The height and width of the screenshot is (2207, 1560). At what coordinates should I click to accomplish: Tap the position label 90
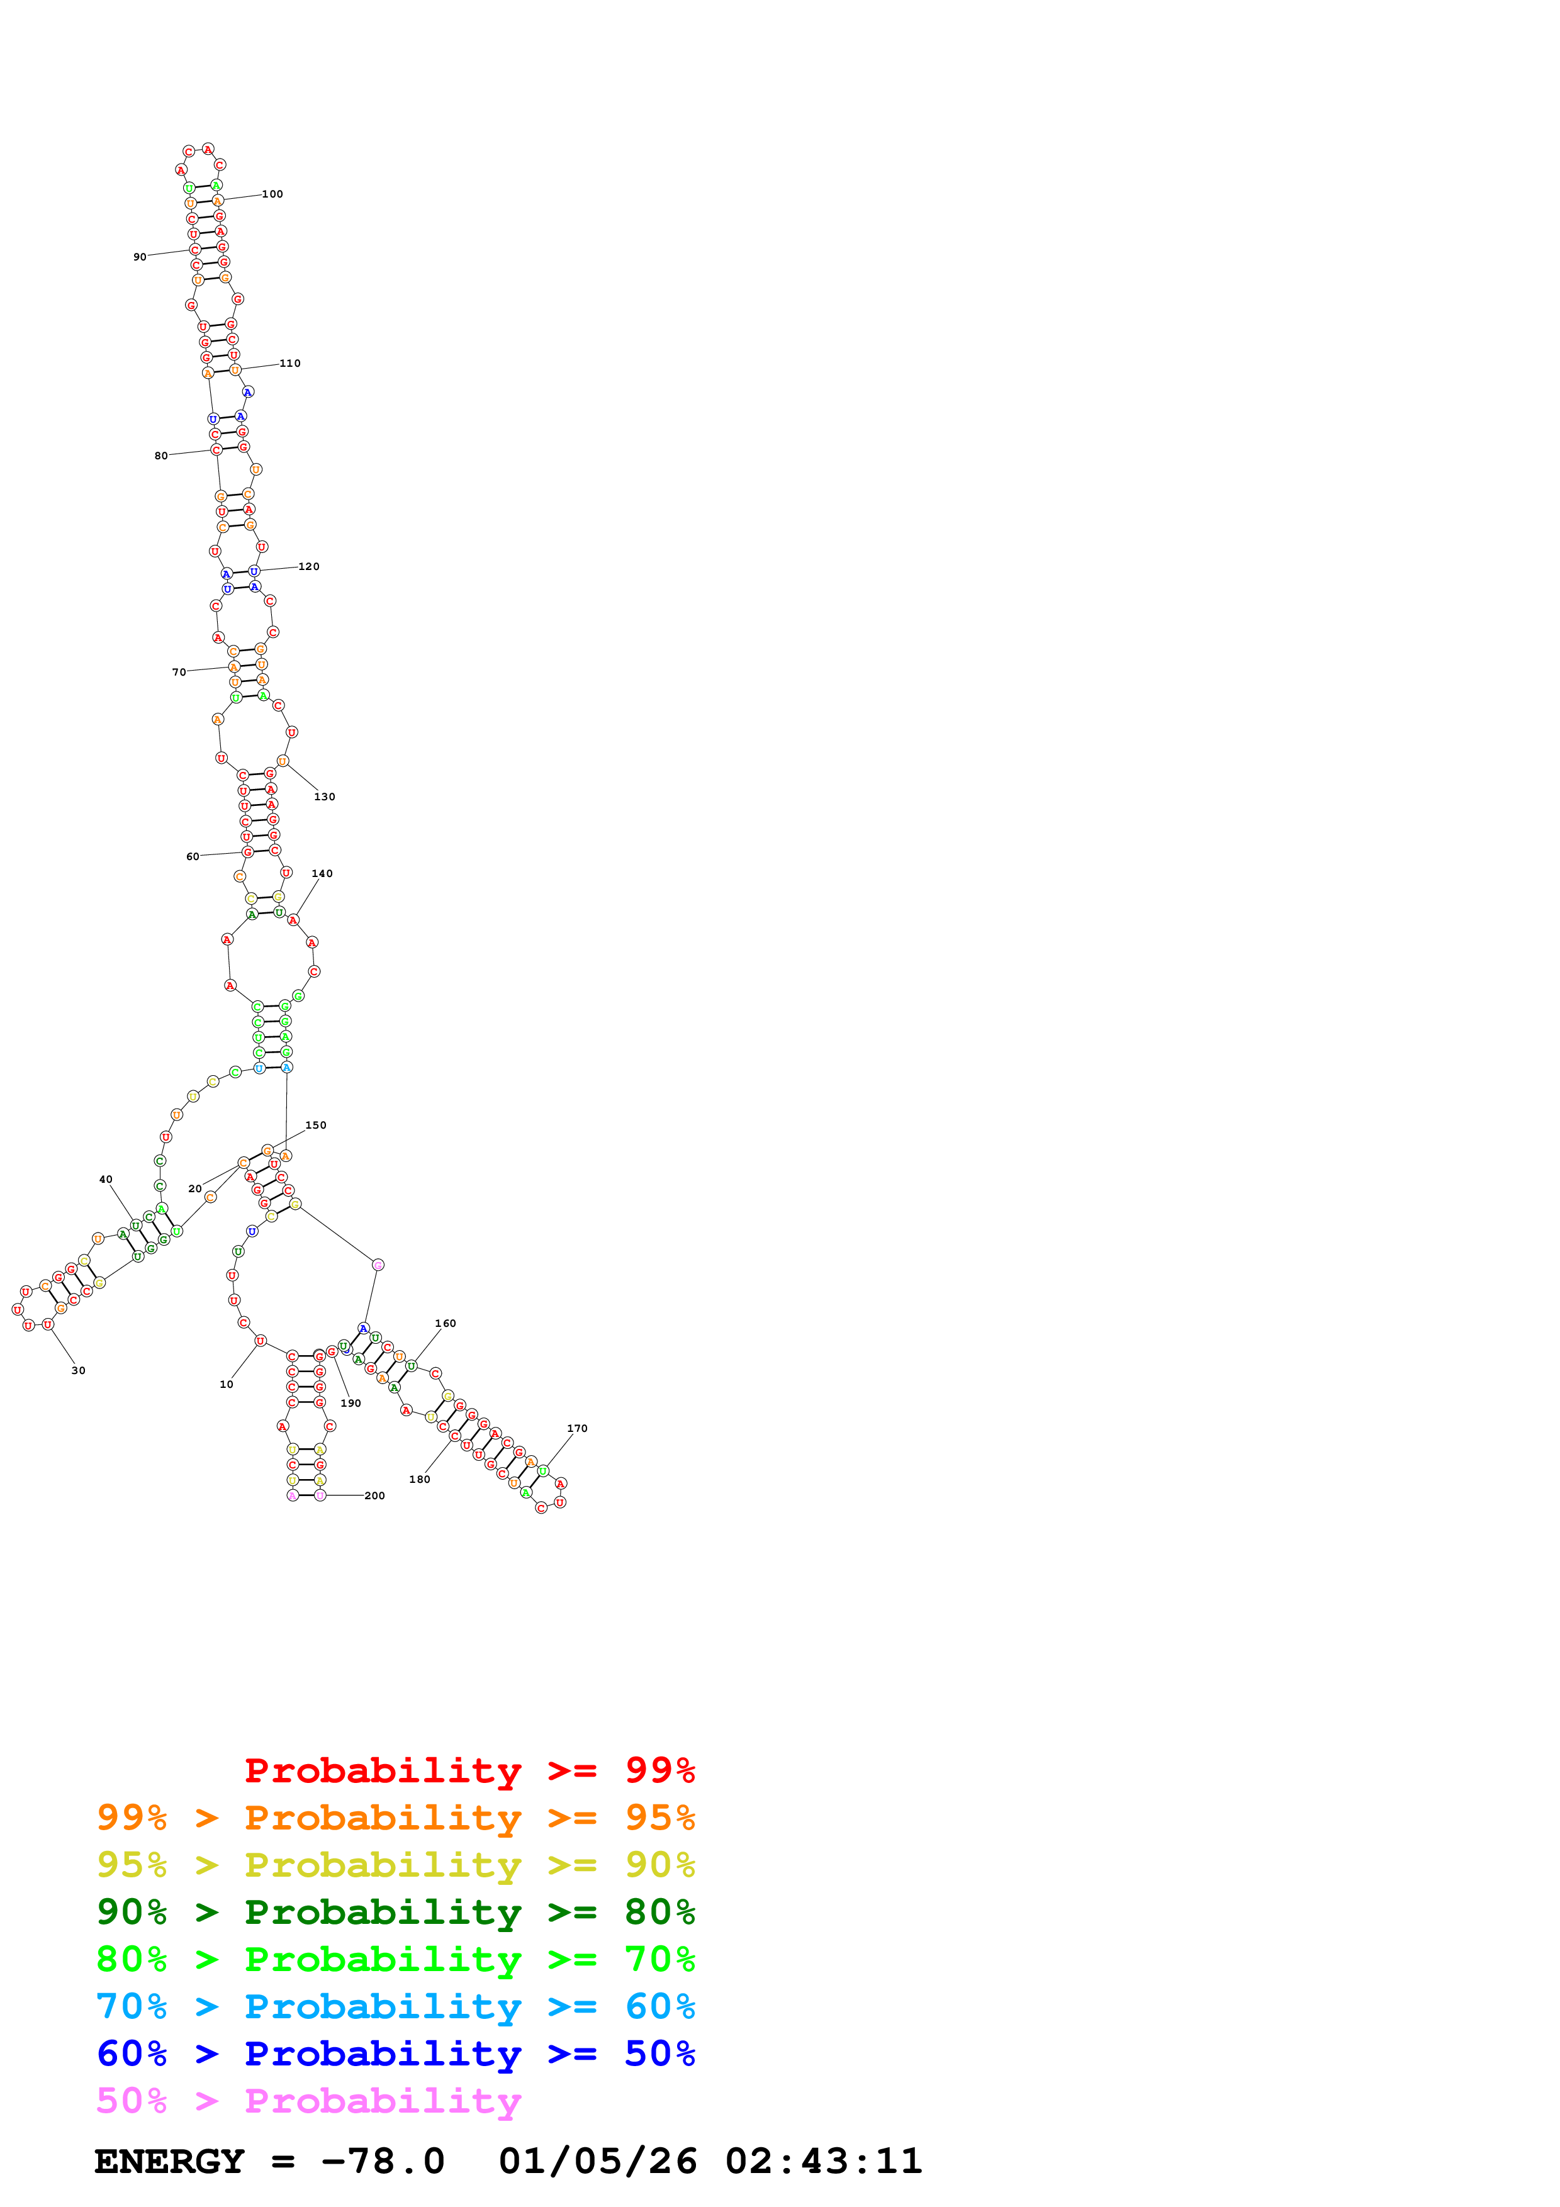pyautogui.click(x=139, y=257)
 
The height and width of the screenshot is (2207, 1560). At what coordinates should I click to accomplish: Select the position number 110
pyautogui.click(x=289, y=364)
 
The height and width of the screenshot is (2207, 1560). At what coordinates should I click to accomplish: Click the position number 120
pyautogui.click(x=308, y=567)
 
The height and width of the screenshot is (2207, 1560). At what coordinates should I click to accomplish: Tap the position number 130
pyautogui.click(x=325, y=797)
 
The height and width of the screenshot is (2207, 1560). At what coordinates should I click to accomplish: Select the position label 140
pyautogui.click(x=322, y=874)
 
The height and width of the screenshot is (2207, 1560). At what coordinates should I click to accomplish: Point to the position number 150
pyautogui.click(x=315, y=1126)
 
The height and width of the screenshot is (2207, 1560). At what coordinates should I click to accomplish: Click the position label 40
pyautogui.click(x=106, y=1180)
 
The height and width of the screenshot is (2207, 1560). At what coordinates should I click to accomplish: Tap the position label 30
pyautogui.click(x=78, y=1371)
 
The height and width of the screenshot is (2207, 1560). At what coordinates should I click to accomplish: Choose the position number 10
pyautogui.click(x=226, y=1385)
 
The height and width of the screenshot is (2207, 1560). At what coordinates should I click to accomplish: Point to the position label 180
pyautogui.click(x=419, y=1479)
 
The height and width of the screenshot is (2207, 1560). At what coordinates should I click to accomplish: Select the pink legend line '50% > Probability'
pyautogui.click(x=308, y=2101)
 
